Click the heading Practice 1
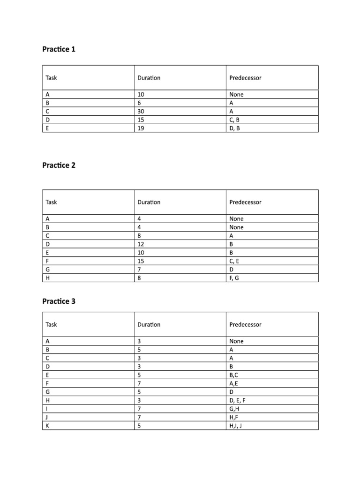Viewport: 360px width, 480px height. (x=59, y=49)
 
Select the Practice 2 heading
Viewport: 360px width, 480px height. (x=59, y=165)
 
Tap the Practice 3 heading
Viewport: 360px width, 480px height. (x=59, y=301)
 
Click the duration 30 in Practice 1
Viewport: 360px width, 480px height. (x=141, y=111)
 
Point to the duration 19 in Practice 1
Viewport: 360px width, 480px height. (x=141, y=128)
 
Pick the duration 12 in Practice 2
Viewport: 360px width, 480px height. (x=141, y=244)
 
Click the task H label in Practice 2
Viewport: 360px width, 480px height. (x=48, y=278)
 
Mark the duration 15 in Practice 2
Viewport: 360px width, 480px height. (x=141, y=261)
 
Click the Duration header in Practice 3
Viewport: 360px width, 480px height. (x=149, y=324)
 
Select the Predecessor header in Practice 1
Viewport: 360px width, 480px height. (x=245, y=78)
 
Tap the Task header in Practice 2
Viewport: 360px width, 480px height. (x=51, y=202)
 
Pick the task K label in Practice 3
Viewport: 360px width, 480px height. (x=48, y=426)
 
